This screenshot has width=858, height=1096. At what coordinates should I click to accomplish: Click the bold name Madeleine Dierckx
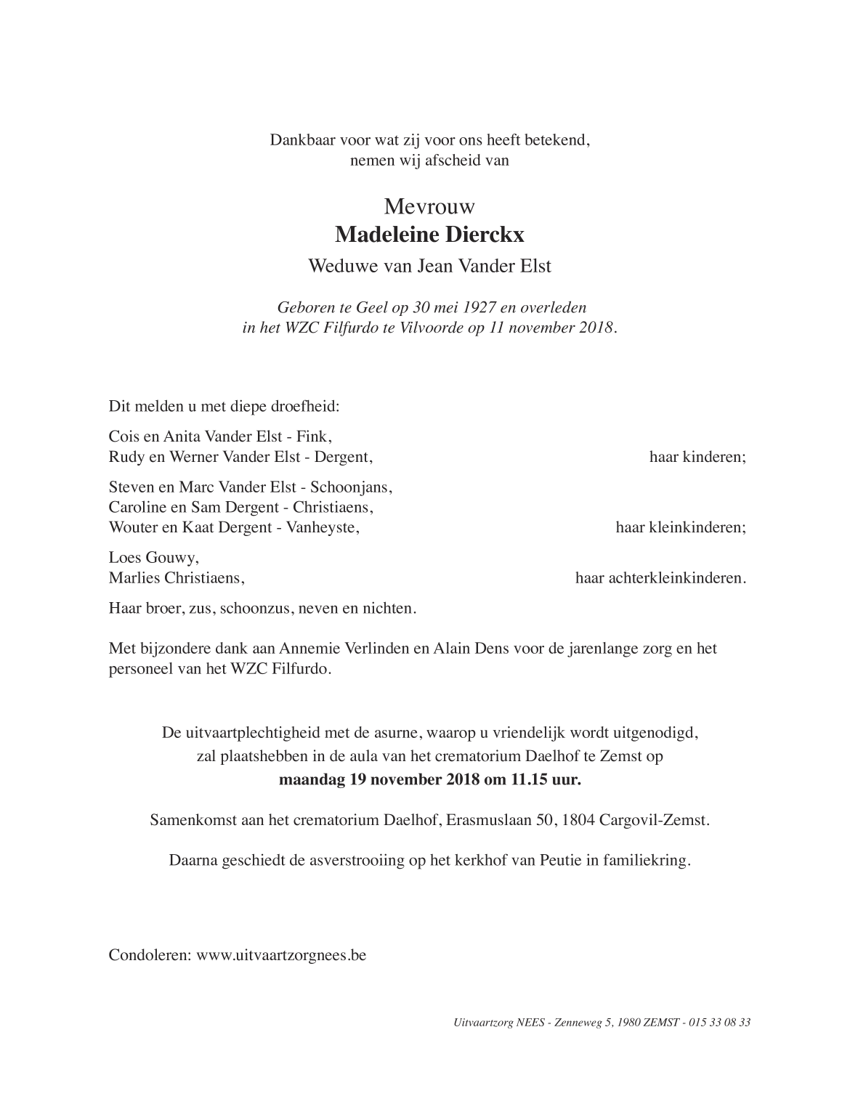coord(429,235)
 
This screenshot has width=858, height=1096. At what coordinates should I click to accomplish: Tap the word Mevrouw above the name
coord(429,207)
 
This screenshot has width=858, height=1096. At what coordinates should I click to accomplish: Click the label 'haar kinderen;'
coord(697,457)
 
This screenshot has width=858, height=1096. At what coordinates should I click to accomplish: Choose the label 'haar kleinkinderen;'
coord(681,527)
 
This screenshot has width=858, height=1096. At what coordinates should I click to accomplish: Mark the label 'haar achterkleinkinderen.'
coord(660,578)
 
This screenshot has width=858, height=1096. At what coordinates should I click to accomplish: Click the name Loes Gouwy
coord(153,558)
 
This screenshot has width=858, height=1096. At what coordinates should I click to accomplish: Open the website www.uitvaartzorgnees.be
coord(281,954)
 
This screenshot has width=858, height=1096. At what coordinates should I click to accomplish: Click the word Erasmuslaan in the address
coord(488,821)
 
